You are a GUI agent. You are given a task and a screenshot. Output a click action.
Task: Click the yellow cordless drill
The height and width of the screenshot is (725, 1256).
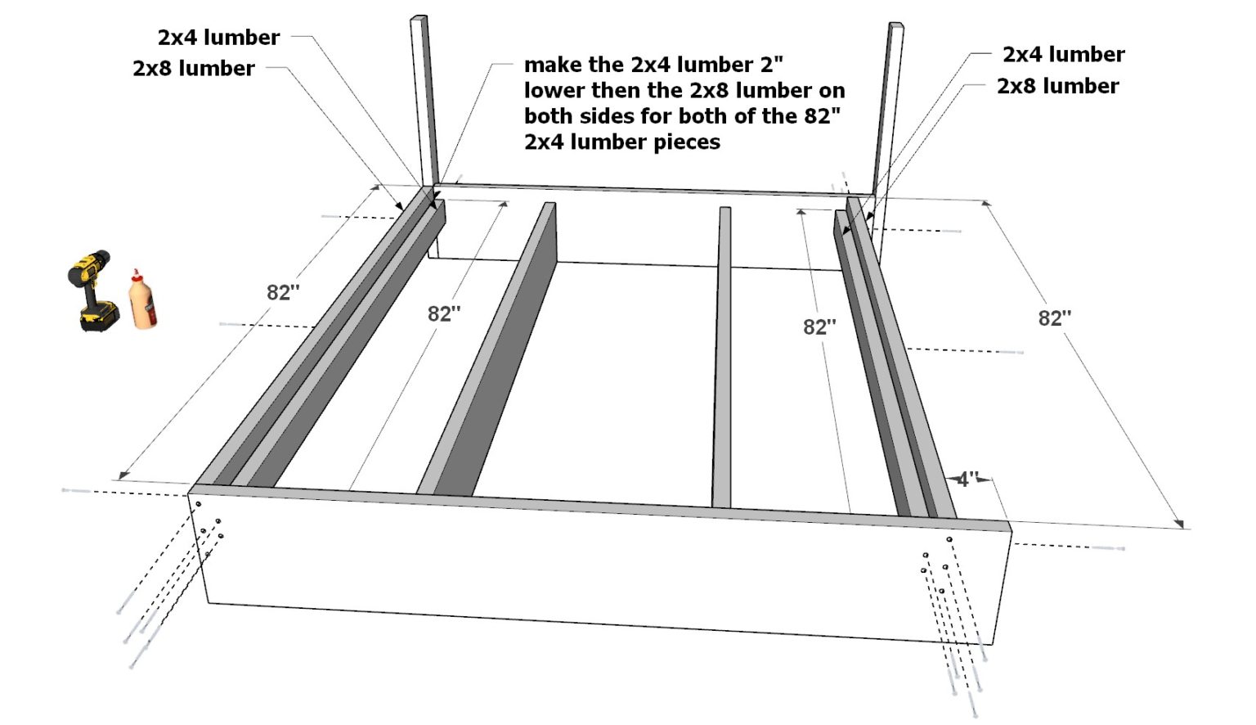tap(92, 290)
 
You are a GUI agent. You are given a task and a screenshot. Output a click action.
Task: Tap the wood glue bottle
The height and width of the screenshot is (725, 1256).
tap(142, 300)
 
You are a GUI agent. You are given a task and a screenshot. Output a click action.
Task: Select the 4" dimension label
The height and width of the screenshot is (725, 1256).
tap(967, 480)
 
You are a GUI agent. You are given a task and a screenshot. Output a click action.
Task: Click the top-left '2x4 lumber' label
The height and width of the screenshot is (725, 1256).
tap(218, 38)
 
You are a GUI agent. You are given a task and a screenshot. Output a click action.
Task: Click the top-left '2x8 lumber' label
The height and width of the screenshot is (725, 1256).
tap(194, 69)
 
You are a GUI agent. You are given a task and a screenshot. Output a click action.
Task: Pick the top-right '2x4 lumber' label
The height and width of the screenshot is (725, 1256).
tap(1063, 55)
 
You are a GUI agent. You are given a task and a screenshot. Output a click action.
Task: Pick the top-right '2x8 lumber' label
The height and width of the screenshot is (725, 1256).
tap(1057, 86)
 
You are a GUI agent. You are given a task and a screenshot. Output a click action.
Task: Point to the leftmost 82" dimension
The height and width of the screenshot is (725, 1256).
tap(283, 293)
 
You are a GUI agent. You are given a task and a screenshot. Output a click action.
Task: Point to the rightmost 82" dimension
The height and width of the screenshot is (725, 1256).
tap(1055, 318)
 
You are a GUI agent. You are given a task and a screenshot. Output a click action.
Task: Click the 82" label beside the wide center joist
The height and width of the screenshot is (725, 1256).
tap(444, 313)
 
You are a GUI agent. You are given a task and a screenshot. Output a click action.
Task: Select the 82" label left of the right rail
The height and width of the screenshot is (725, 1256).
tap(819, 327)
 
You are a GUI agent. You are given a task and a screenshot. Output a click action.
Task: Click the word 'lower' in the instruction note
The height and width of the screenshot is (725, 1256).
tap(554, 91)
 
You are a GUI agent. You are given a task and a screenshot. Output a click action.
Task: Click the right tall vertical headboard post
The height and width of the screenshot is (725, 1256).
tap(889, 106)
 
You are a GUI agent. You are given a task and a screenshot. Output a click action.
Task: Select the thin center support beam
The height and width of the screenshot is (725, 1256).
tap(722, 360)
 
